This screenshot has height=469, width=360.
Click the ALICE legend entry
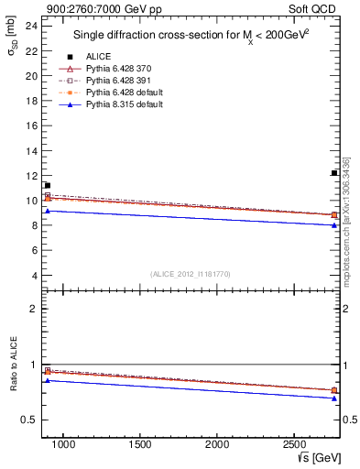point(97,56)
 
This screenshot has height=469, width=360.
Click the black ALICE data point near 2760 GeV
point(334,173)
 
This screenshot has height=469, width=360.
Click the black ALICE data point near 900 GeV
point(48,186)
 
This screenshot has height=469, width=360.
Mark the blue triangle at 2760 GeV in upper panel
point(334,225)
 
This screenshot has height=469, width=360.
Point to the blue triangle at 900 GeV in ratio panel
point(48,380)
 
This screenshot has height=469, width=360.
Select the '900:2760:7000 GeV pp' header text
point(90,8)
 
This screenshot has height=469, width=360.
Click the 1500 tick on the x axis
point(140,445)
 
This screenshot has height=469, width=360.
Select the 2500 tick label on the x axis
point(295,445)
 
